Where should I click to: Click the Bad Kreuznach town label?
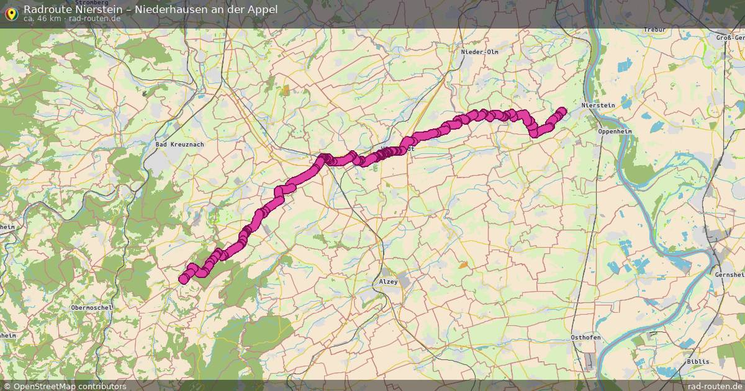click(179, 144)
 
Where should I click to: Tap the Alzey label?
click(388, 282)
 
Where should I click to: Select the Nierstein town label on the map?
click(598, 106)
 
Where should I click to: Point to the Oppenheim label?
click(614, 132)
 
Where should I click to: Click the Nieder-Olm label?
click(479, 52)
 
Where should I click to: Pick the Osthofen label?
click(585, 337)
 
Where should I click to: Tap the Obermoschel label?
click(91, 307)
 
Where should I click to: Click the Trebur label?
click(654, 30)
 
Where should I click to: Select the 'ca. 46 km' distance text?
click(42, 19)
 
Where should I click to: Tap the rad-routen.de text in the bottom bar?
click(715, 386)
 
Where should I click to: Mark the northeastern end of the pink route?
click(562, 112)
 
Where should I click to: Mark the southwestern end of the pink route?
click(184, 279)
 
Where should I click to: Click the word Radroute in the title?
click(47, 9)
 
